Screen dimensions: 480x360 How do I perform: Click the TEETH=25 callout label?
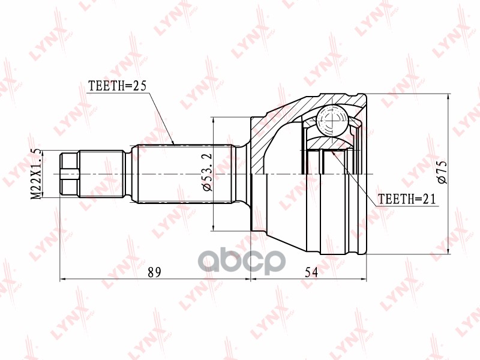click(117, 86)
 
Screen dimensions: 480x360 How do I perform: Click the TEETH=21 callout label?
click(407, 199)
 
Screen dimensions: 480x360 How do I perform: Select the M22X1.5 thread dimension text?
click(37, 174)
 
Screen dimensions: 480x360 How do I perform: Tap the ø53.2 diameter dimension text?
click(207, 172)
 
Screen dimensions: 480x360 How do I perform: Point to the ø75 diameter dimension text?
click(442, 173)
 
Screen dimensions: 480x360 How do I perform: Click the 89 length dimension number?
click(154, 272)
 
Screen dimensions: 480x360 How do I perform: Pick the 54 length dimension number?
click(311, 272)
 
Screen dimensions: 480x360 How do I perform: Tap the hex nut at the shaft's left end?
click(70, 174)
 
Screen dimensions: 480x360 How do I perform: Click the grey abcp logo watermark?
click(242, 261)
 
